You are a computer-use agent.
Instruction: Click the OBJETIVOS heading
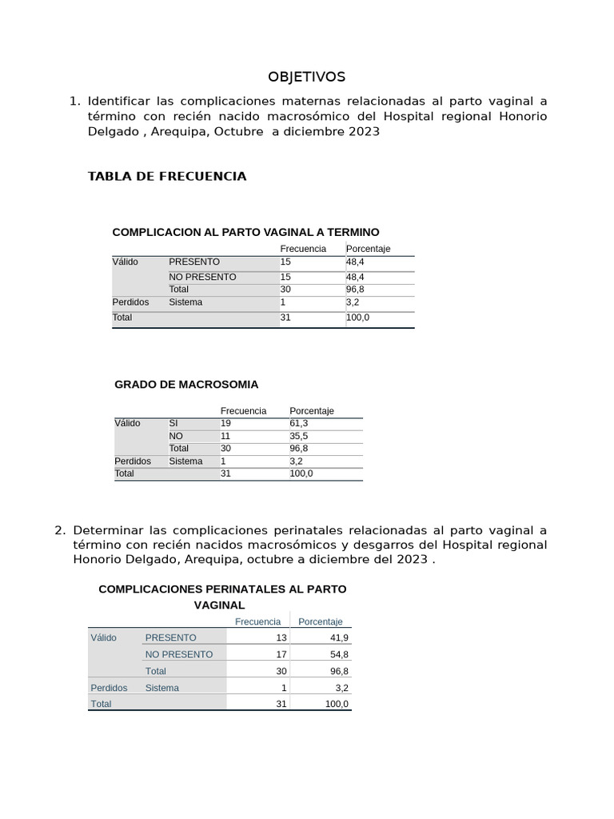click(x=306, y=77)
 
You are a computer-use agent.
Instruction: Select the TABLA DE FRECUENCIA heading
click(x=167, y=176)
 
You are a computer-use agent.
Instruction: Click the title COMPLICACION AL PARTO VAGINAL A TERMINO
click(x=245, y=232)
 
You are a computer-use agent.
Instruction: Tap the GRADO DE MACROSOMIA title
click(x=186, y=385)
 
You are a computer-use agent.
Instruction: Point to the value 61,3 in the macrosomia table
click(x=300, y=423)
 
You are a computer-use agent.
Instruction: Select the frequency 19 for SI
click(x=225, y=423)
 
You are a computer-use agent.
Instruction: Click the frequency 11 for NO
click(x=225, y=436)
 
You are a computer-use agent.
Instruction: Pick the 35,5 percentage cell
click(x=300, y=436)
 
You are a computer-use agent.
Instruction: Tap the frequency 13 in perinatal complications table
click(x=281, y=637)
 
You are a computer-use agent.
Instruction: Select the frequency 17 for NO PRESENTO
click(x=281, y=654)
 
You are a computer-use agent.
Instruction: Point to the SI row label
click(x=173, y=423)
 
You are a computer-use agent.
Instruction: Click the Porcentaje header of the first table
click(x=368, y=249)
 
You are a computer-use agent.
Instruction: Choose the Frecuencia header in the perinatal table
click(x=257, y=621)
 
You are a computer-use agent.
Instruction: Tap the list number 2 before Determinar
click(x=58, y=529)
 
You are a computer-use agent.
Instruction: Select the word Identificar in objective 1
click(x=119, y=102)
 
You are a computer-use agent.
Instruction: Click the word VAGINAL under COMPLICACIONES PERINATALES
click(x=219, y=605)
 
